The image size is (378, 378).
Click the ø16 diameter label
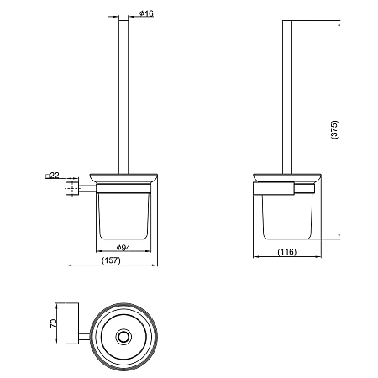point(146,13)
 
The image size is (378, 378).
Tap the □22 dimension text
point(52,176)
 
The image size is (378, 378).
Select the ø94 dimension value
point(123,248)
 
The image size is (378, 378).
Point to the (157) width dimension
point(111,260)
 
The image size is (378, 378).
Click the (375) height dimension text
point(334,129)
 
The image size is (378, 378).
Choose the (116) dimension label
point(287,252)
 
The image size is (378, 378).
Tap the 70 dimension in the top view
point(53,323)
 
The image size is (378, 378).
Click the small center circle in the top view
point(123,336)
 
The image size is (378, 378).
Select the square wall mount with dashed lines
point(72,187)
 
